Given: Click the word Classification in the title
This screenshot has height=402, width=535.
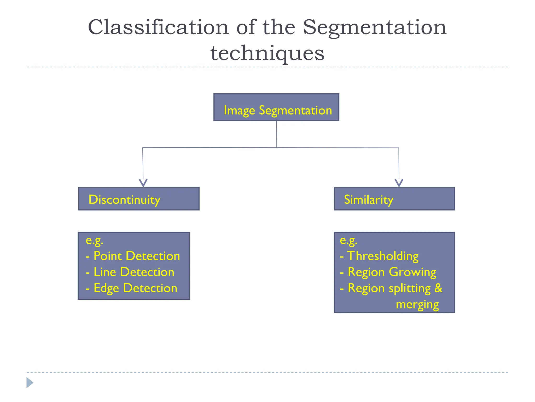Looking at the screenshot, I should point(158,27).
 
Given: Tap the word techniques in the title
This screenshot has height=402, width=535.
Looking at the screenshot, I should point(267,53).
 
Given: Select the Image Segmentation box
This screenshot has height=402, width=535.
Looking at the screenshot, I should point(276,107).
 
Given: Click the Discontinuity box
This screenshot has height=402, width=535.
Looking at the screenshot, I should point(139,199).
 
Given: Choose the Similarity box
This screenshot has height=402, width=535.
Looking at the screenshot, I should point(394,199).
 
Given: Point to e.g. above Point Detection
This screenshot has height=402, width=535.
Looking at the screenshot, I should point(94,241).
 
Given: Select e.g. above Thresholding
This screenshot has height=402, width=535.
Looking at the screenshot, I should point(348,241).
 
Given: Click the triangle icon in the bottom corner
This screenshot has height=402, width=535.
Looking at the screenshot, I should point(30,383).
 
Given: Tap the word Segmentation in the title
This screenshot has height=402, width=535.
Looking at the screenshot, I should point(375,27).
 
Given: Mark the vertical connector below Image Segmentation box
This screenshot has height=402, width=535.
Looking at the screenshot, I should point(276,134).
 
